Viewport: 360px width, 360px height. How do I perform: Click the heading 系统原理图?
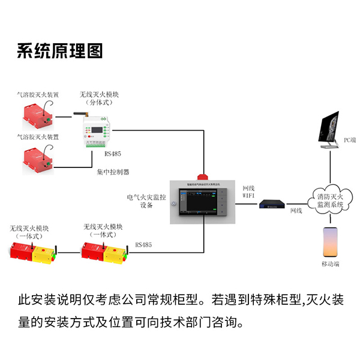point(60,51)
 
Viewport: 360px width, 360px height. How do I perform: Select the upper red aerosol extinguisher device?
point(37,116)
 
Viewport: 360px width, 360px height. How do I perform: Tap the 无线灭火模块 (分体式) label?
point(100,98)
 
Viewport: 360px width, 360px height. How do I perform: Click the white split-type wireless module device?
point(95,128)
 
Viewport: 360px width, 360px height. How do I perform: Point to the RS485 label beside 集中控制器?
point(112,154)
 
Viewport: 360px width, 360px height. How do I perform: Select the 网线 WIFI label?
point(249,191)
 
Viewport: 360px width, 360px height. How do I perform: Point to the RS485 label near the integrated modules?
point(143,245)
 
